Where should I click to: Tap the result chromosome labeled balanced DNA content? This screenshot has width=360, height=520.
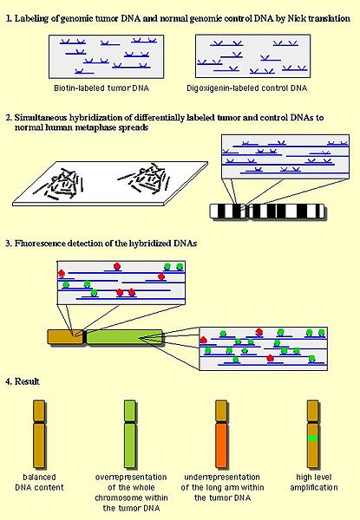[38, 431]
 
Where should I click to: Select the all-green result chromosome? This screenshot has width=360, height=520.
[130, 431]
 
